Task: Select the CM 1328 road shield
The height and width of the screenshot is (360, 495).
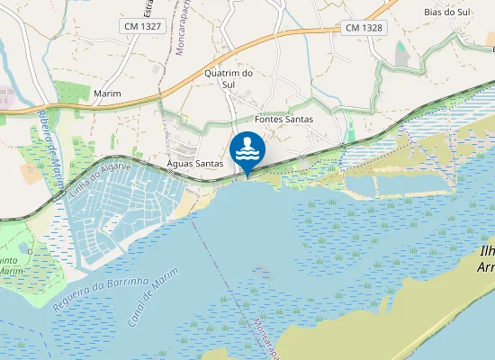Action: click(364, 28)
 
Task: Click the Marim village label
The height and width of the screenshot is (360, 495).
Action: click(107, 94)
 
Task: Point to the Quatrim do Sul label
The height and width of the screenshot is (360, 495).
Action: click(226, 78)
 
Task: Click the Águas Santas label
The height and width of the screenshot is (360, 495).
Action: click(195, 163)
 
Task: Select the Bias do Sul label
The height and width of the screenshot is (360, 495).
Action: click(447, 13)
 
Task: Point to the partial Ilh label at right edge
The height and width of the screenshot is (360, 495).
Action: click(487, 251)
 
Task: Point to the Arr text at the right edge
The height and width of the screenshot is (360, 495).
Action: click(486, 267)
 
